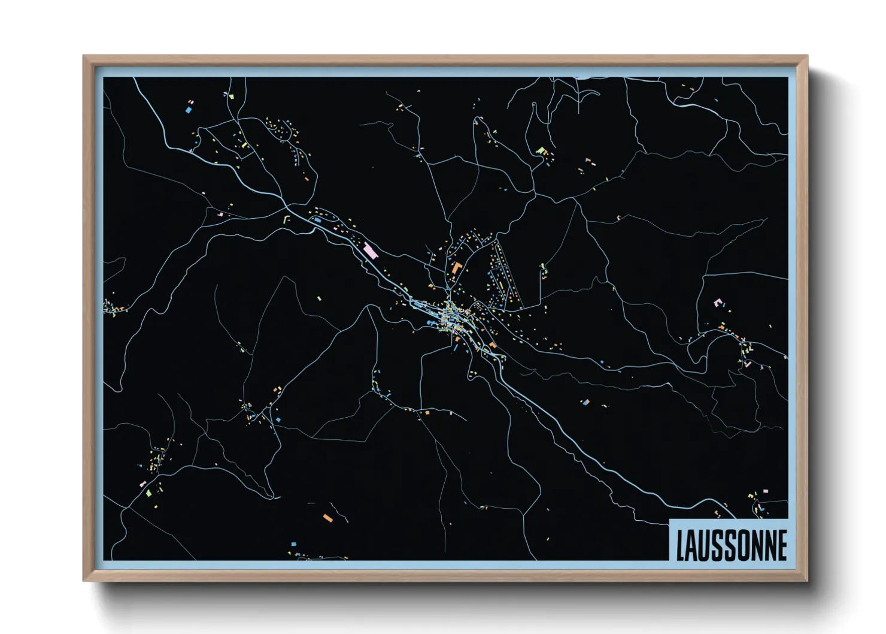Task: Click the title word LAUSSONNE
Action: [x=731, y=545]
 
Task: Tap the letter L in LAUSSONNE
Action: [x=681, y=545]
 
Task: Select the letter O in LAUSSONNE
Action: [x=742, y=545]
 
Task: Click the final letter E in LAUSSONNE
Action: [x=782, y=545]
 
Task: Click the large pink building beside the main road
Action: [x=370, y=250]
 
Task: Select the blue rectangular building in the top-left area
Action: [x=189, y=110]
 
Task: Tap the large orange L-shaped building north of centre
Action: [x=457, y=268]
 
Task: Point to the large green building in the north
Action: [x=541, y=150]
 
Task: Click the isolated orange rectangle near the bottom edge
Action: [x=327, y=517]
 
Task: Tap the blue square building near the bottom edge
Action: [x=293, y=544]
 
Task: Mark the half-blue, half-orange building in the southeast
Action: [x=585, y=402]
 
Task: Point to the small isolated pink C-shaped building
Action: [x=618, y=218]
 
